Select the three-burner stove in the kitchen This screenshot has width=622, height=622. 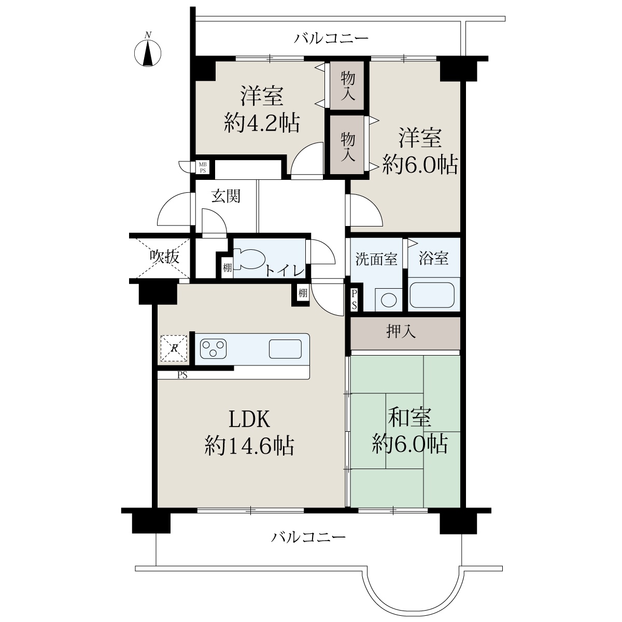pos(213,349)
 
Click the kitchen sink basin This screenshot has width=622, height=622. pos(285,349)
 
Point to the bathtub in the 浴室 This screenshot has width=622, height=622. pos(432,295)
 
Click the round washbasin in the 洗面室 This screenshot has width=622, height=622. pos(389,300)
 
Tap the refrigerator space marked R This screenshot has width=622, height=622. pos(174,348)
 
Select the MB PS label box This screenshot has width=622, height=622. pos(203,167)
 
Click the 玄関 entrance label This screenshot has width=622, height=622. pos(226,196)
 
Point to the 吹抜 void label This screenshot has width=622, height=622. pos(164,257)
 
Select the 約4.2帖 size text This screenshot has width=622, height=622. pos(262,123)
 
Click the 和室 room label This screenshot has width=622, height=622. pos(409,417)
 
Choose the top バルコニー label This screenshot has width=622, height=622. pos(331,38)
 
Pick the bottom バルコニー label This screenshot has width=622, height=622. pos(308,537)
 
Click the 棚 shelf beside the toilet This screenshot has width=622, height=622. pos(227,267)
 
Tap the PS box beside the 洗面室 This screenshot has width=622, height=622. pos(354,300)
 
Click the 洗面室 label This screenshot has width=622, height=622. pos(376,259)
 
